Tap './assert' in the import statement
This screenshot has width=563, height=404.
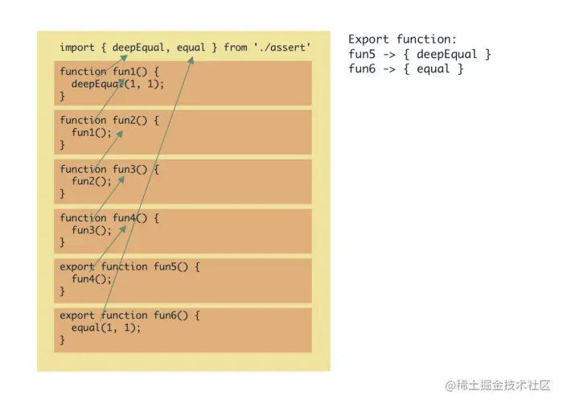[282, 47]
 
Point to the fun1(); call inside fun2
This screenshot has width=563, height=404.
[90, 133]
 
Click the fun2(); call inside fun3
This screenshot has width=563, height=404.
[90, 181]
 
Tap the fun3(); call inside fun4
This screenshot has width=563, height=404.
[90, 230]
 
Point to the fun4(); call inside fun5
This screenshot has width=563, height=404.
[90, 279]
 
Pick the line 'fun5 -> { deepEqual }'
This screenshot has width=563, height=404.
[419, 54]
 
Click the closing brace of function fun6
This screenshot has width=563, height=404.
[63, 340]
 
